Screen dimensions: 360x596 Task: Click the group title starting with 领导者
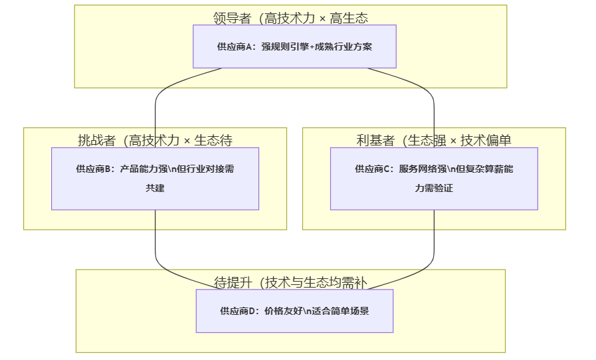coord(290,18)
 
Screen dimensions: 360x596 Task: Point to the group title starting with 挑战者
coord(155,140)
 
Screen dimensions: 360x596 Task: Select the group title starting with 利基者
coord(434,140)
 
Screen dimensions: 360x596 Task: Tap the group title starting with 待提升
coord(290,282)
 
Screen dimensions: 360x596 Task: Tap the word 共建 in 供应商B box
coord(155,188)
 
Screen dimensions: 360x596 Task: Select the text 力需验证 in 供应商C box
coord(434,188)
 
